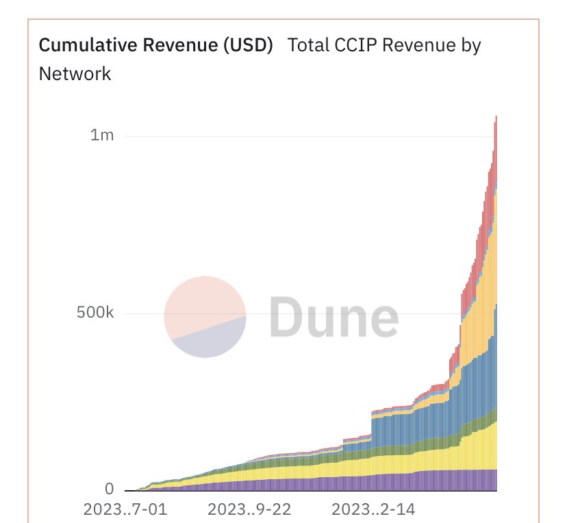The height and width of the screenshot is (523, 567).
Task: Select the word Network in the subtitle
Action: click(75, 73)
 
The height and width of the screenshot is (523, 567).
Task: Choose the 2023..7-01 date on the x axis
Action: click(125, 510)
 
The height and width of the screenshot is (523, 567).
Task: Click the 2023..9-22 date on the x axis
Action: click(249, 510)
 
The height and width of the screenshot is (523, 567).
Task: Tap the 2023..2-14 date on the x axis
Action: click(374, 510)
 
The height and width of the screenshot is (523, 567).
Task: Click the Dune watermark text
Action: click(333, 316)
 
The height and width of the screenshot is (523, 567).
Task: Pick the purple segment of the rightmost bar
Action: click(495, 479)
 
